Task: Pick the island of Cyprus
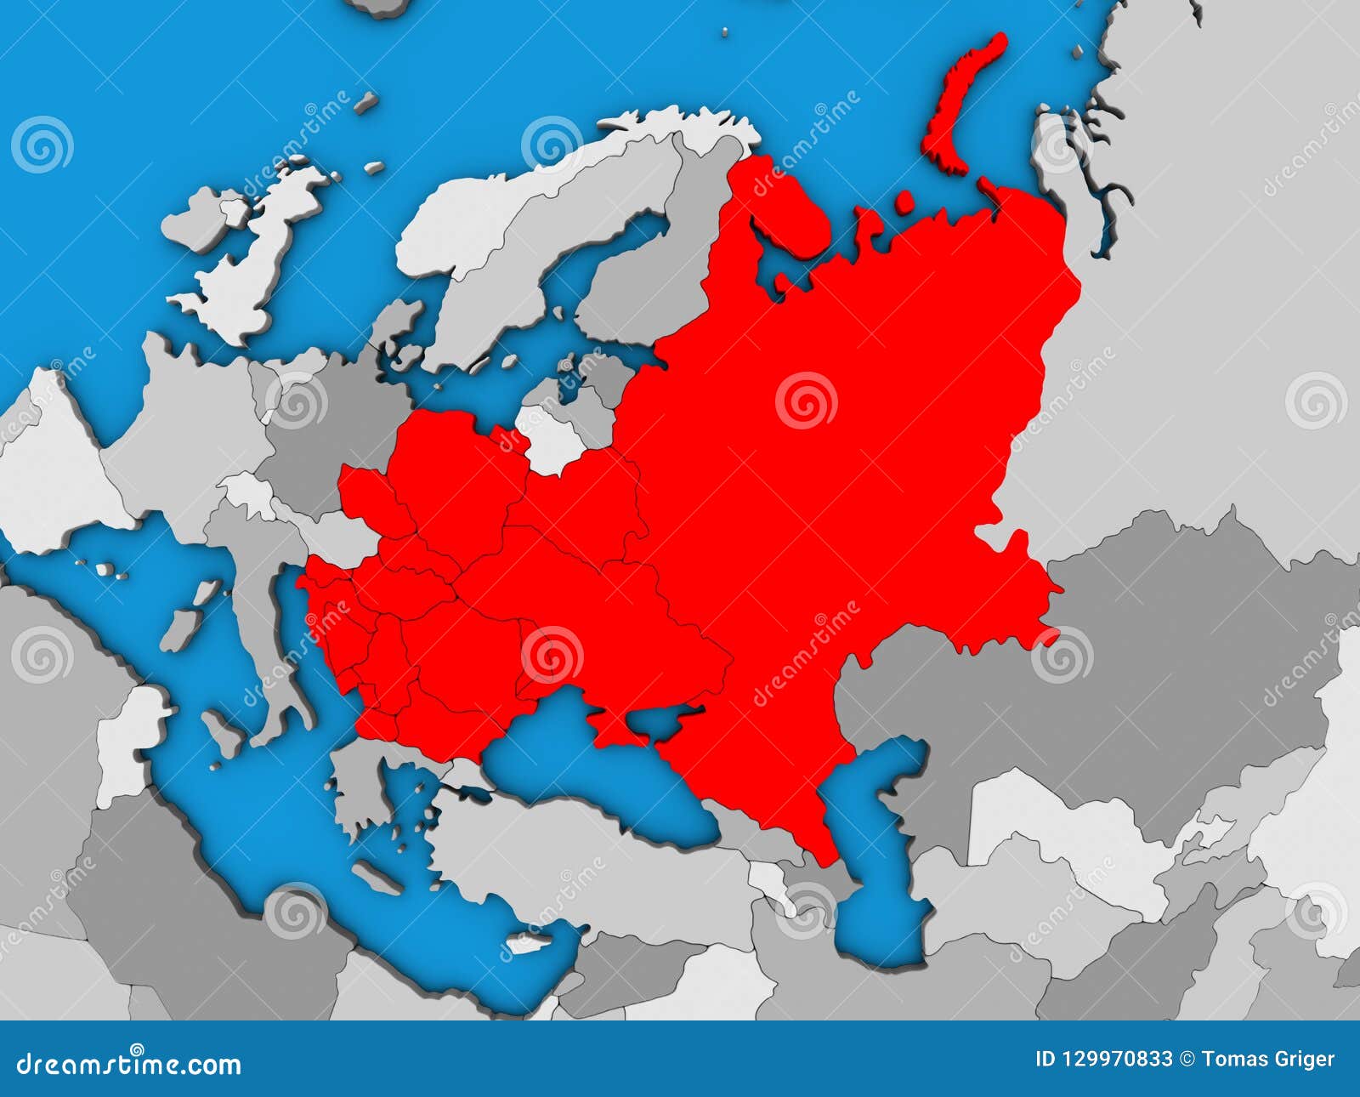[527, 943]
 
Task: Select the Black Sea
[595, 765]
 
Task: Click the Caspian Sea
[875, 859]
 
